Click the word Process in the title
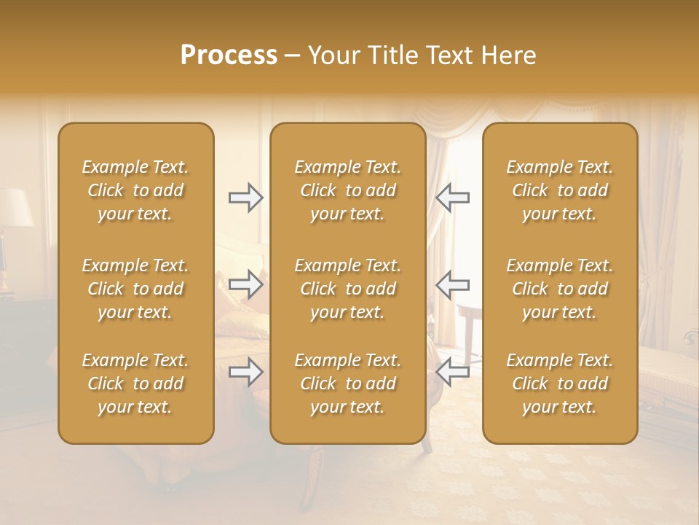coord(229,55)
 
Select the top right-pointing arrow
coord(246,198)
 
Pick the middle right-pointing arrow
coord(246,284)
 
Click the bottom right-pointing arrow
coord(246,373)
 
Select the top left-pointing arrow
coord(452,198)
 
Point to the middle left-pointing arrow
coord(452,284)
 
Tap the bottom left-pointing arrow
coord(452,373)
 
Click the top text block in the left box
coord(135,190)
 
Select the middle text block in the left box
coord(135,289)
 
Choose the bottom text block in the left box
coord(135,384)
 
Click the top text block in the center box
coord(347,190)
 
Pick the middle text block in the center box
coord(347,289)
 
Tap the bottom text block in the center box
coord(347,384)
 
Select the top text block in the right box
coord(559,190)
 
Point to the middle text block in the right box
coord(559,289)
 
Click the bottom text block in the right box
coord(559,384)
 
